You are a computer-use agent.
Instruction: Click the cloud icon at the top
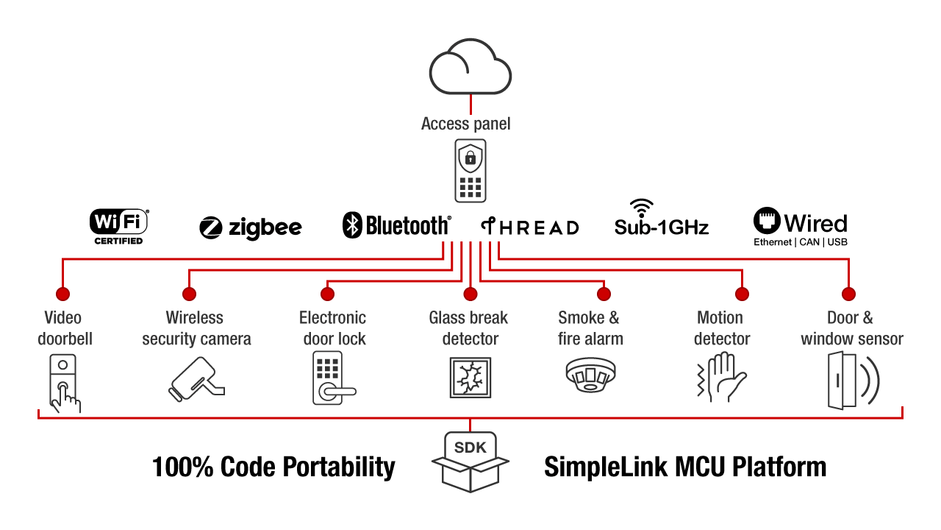[x=470, y=68]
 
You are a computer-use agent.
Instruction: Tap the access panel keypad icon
[x=470, y=172]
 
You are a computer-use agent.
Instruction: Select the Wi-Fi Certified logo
[x=119, y=226]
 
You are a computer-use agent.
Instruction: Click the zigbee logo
[x=251, y=227]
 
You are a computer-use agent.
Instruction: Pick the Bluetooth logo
[x=397, y=225]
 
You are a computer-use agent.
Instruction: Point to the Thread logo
[x=530, y=227]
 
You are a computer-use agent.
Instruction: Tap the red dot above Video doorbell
[x=62, y=294]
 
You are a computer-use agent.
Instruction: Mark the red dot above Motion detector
[x=742, y=294]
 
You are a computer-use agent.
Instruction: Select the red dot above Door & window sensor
[x=849, y=294]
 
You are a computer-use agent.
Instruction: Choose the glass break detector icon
[x=469, y=378]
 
